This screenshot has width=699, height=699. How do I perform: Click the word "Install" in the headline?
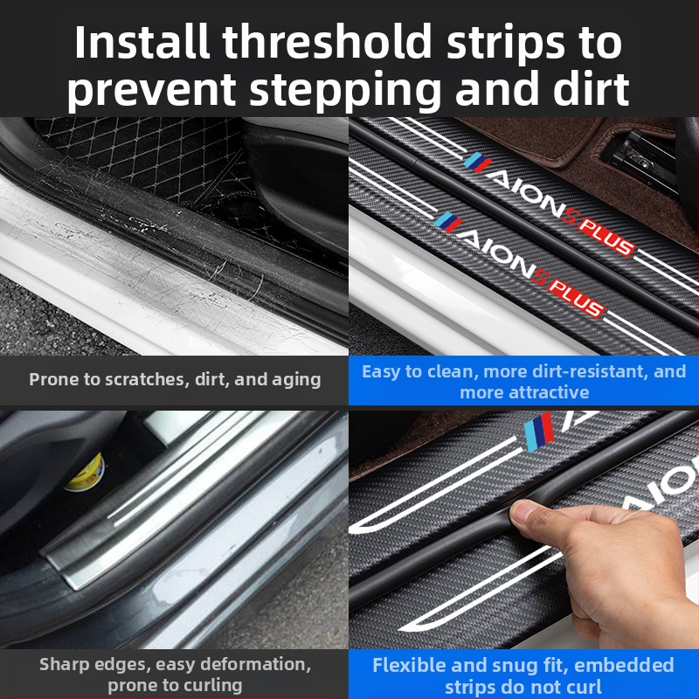coord(142,42)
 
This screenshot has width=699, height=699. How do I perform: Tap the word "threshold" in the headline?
coord(327,42)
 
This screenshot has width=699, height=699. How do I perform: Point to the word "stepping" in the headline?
coord(345,92)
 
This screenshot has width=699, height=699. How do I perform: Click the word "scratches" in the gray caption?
coord(142,379)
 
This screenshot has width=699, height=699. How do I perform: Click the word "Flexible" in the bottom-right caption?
coord(409,665)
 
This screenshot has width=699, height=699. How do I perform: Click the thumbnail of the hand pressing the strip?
coord(523,529)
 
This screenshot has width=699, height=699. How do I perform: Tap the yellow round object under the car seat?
coord(86,473)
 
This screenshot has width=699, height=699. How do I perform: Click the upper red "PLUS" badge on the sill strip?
coord(607,236)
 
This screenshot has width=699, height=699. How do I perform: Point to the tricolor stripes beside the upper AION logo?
coord(477,163)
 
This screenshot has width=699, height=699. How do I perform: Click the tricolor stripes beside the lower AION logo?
coord(448,222)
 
